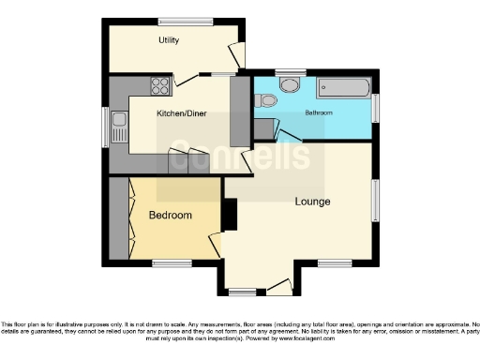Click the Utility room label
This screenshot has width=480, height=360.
[x=169, y=40]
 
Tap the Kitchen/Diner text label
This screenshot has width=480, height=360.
[x=181, y=115]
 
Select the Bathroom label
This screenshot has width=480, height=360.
[x=318, y=112]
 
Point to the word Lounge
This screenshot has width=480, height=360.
[x=312, y=202]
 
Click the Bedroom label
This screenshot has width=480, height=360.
[x=171, y=216]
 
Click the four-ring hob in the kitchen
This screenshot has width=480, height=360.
[x=158, y=87]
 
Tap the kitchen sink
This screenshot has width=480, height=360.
[x=119, y=126]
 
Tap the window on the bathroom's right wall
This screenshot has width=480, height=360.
[x=376, y=106]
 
